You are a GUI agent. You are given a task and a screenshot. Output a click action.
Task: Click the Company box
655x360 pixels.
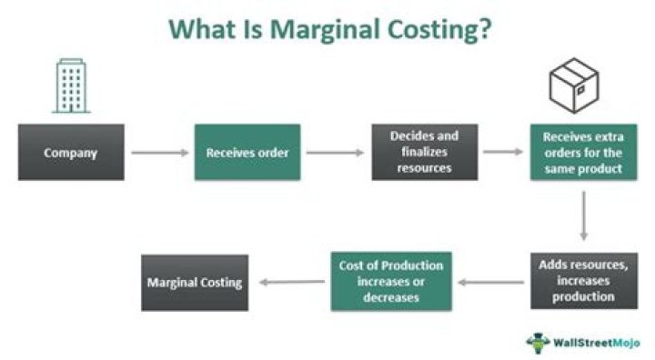[x=70, y=153]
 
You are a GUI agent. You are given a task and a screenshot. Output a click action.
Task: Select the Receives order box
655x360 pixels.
[x=247, y=153]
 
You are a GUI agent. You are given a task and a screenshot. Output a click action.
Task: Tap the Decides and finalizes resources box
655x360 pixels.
[x=424, y=152]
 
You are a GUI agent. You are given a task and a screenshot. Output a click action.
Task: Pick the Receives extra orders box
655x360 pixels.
[x=583, y=153]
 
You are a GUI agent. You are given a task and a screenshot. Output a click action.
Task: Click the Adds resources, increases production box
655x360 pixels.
[x=583, y=281]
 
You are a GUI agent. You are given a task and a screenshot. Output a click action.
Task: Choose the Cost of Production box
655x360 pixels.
[x=391, y=281]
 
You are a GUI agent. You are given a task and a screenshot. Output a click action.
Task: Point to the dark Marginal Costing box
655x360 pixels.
[x=195, y=282]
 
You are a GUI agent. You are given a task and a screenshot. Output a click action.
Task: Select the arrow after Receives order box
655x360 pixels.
[x=335, y=153]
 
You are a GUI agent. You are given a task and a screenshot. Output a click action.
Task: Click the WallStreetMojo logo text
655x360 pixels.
[x=597, y=343]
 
